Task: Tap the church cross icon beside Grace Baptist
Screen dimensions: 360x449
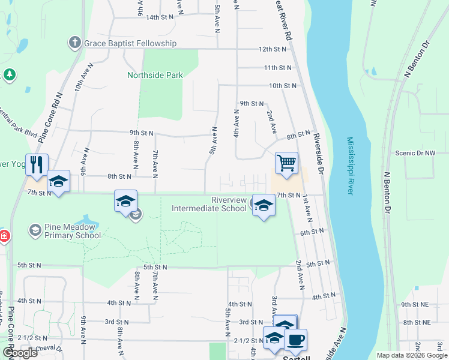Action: [x=74, y=43]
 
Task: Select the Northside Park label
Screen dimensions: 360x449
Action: [x=155, y=75]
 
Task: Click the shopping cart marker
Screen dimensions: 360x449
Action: [x=287, y=163]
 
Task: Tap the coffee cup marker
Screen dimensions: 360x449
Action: [x=295, y=340]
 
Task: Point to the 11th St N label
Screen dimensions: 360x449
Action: [x=277, y=68]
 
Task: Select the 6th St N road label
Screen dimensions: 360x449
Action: [x=313, y=232]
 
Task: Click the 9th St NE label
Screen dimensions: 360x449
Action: [x=414, y=304]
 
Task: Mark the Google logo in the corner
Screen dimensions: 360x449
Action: [x=19, y=353]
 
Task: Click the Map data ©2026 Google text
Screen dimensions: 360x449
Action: [x=411, y=355]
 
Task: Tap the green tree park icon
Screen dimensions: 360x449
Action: [x=9, y=74]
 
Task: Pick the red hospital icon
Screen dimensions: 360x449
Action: [x=4, y=236]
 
